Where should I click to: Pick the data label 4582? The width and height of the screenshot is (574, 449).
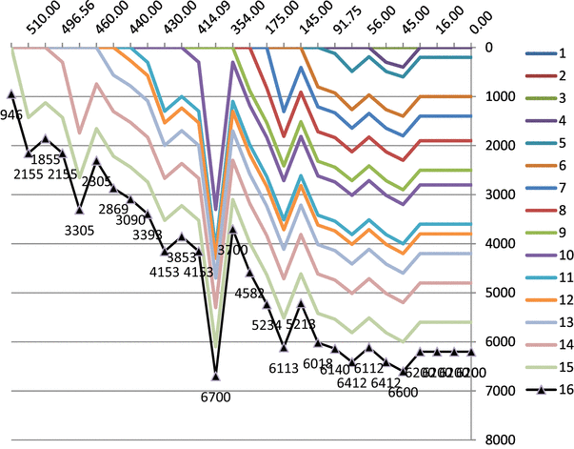pyautogui.click(x=249, y=293)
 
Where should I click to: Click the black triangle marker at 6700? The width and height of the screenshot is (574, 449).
pyautogui.click(x=216, y=377)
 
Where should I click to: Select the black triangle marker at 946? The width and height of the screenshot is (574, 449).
pyautogui.click(x=10, y=93)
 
